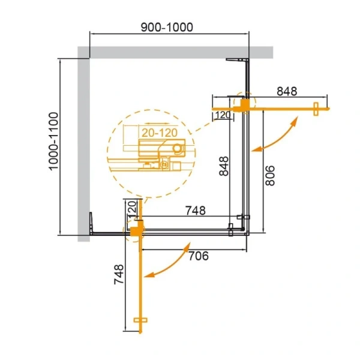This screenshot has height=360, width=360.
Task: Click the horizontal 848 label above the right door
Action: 287,91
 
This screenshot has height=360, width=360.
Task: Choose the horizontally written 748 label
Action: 195,211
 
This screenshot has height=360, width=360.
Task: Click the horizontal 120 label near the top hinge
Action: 223,115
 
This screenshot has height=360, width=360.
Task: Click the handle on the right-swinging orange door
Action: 315,107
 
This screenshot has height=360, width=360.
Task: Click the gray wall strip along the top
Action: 174,52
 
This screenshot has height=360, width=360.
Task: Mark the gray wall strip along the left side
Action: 83,144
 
